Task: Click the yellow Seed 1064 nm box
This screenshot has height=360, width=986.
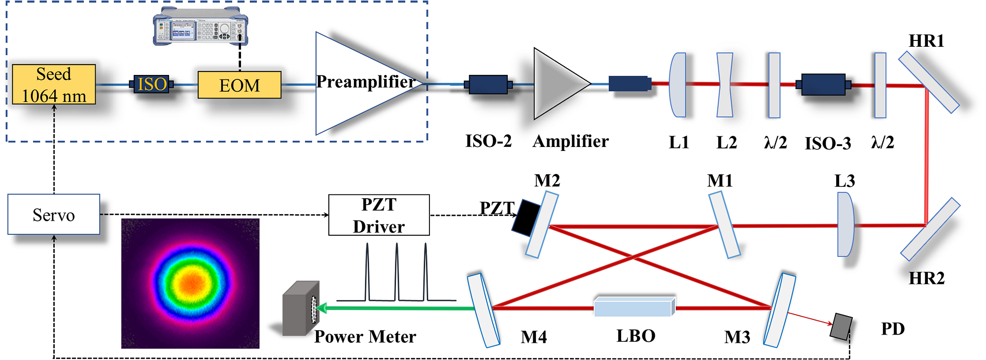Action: pos(54,84)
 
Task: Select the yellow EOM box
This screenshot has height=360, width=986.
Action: pos(239,85)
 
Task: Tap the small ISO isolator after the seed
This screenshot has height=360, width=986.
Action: pos(151,84)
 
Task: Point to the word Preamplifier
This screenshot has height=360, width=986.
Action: pos(365,81)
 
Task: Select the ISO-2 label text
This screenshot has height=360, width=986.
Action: pos(488,142)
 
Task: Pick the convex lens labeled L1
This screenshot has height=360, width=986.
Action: pos(678,85)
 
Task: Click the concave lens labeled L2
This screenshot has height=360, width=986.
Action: pos(725,85)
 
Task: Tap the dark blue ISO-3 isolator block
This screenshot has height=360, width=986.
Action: pos(823,84)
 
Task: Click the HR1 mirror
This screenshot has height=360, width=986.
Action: pos(928,82)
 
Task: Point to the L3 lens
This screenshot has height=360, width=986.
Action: pos(845,224)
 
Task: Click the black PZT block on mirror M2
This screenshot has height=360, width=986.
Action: pos(526,217)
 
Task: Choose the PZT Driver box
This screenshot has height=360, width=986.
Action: pos(379,215)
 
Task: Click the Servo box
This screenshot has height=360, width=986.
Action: pos(54,215)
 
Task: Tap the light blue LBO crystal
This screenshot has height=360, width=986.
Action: pos(634,307)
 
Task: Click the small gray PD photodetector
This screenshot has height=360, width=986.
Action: pos(841,326)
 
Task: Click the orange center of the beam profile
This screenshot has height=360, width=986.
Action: pos(191,282)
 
